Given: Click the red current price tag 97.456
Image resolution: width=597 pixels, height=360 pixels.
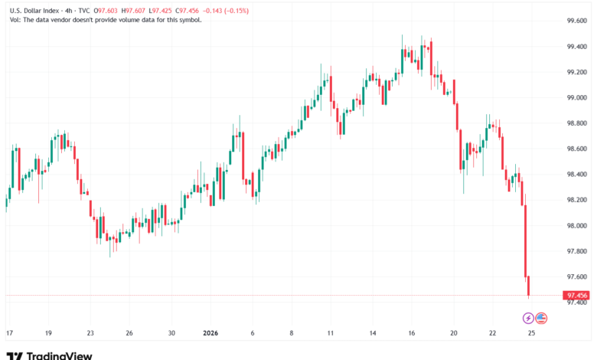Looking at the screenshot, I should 576,295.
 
